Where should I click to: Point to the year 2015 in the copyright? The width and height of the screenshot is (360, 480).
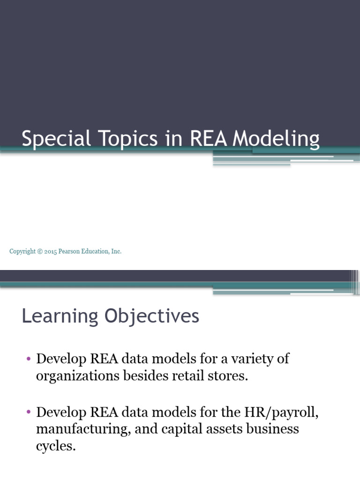pyautogui.click(x=51, y=252)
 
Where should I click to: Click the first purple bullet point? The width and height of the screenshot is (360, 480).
pyautogui.click(x=29, y=360)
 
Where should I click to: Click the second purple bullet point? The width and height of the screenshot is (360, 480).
pyautogui.click(x=29, y=413)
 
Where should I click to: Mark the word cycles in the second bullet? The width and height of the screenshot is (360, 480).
pyautogui.click(x=55, y=446)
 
